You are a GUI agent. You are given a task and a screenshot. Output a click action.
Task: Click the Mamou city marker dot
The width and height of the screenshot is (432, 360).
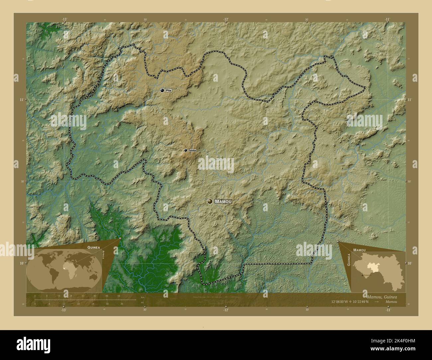(210, 201)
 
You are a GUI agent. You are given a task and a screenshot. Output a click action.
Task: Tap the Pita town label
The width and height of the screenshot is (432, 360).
(168, 90)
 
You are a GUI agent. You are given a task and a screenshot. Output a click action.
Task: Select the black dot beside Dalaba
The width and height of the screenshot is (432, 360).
(186, 150)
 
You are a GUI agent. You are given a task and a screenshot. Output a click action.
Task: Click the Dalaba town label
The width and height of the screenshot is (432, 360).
(192, 150)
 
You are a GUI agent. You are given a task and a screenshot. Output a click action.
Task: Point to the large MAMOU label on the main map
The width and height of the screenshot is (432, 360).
(223, 202)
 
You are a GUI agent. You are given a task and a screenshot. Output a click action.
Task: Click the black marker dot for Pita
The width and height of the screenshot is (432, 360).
(162, 90)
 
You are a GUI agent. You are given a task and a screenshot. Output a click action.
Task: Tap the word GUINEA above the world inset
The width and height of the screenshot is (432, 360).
(93, 247)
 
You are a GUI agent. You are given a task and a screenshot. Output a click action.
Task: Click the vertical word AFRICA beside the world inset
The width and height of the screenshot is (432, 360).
(103, 258)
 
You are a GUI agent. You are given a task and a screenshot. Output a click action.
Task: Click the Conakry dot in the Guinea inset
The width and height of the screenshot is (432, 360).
(362, 275)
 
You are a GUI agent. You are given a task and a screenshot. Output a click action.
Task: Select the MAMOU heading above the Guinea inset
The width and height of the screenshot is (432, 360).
(360, 249)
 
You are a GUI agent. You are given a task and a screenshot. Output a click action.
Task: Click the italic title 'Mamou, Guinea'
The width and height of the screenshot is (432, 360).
(382, 296)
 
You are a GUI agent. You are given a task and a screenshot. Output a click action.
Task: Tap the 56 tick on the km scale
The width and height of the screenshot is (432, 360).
(119, 296)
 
